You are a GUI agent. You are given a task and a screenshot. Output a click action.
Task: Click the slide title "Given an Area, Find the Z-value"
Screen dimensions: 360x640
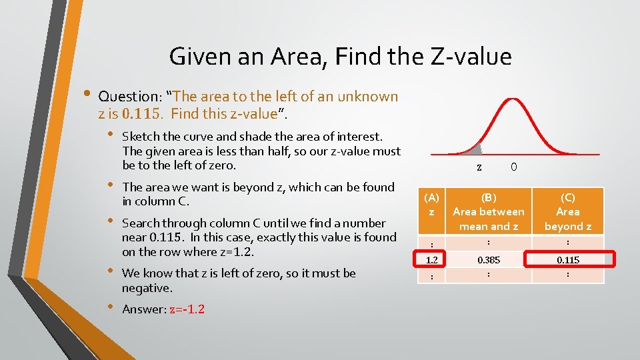(x=340, y=56)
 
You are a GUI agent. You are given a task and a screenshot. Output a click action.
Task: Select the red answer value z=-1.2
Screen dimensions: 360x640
(x=187, y=309)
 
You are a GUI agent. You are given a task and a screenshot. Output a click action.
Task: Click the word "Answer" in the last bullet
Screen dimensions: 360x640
(x=144, y=309)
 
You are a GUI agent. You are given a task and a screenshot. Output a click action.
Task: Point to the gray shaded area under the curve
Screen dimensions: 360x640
(x=475, y=151)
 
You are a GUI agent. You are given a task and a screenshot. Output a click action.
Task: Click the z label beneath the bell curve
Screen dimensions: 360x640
(x=480, y=167)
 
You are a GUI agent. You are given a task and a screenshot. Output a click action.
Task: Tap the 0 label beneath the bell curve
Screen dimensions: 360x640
(x=513, y=167)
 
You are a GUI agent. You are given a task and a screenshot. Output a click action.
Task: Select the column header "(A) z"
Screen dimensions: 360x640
(x=432, y=205)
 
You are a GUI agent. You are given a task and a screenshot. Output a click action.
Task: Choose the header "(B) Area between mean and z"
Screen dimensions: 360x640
(x=489, y=211)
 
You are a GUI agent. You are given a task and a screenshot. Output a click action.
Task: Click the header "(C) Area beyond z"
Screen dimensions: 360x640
(x=567, y=211)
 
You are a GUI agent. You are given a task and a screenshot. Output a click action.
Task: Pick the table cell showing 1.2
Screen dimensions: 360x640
(x=432, y=259)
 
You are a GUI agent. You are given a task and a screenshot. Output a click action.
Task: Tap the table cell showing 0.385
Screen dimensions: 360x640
(x=489, y=259)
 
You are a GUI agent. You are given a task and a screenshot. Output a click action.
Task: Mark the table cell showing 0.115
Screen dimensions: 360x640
(x=568, y=259)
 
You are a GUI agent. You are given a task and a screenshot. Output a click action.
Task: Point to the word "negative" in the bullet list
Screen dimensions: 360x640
(x=147, y=288)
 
